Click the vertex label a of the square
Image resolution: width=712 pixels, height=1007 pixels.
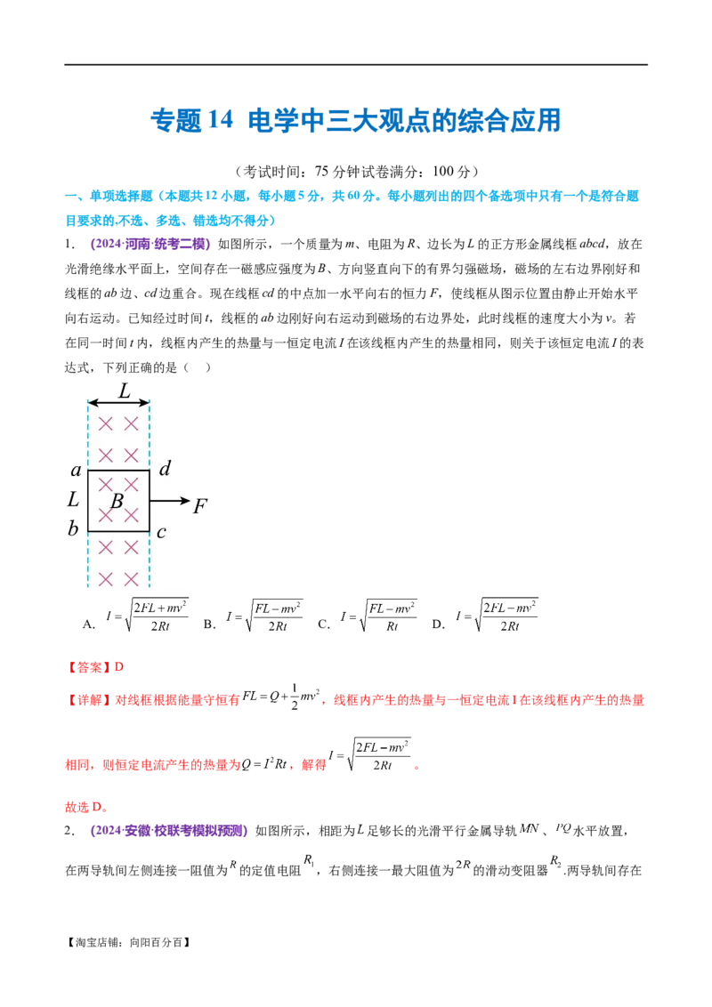76,469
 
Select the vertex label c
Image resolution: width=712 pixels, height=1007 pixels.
161,532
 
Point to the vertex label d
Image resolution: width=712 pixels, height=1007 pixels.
164,469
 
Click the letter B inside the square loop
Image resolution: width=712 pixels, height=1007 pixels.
117,501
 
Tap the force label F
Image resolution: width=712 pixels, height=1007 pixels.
200,507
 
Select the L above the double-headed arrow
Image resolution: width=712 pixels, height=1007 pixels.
124,390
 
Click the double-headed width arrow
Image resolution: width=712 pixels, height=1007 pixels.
118,405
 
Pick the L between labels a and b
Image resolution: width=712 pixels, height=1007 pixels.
73,500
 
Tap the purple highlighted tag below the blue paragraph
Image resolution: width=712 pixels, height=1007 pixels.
150,244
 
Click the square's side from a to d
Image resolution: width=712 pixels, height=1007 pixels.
118,471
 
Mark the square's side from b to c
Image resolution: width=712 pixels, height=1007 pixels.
118,532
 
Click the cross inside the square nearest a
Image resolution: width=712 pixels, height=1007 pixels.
106,484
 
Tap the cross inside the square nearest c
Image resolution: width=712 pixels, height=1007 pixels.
131,515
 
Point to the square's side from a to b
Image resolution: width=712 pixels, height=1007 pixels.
88,501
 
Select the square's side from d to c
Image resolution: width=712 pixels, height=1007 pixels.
149,501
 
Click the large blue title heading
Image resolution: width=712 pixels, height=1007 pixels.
355,122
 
